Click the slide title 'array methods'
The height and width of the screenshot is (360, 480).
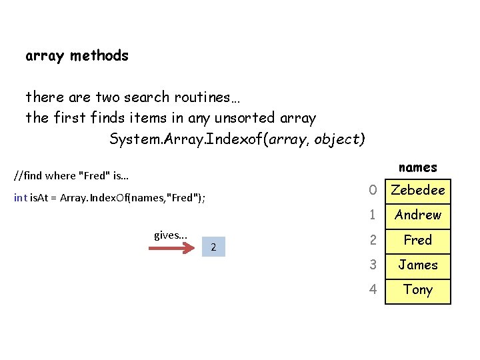[77, 56]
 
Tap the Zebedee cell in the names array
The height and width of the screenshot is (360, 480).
[418, 190]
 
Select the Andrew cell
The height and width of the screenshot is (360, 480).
[418, 215]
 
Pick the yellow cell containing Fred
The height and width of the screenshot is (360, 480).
[418, 240]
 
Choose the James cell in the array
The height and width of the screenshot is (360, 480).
[418, 265]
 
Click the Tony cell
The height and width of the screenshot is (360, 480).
[418, 290]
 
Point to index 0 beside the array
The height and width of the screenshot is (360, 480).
[373, 190]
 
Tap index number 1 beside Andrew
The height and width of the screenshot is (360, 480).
[373, 215]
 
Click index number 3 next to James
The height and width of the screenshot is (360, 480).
[373, 265]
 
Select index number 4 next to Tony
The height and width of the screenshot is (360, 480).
[373, 290]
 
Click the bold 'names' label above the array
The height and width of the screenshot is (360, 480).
[417, 167]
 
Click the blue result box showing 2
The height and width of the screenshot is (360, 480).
[213, 247]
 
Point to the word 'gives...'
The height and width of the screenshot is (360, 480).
[171, 235]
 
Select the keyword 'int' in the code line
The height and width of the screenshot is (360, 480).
[20, 198]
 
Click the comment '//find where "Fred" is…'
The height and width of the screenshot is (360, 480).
[71, 177]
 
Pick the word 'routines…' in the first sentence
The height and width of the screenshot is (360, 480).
[207, 97]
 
